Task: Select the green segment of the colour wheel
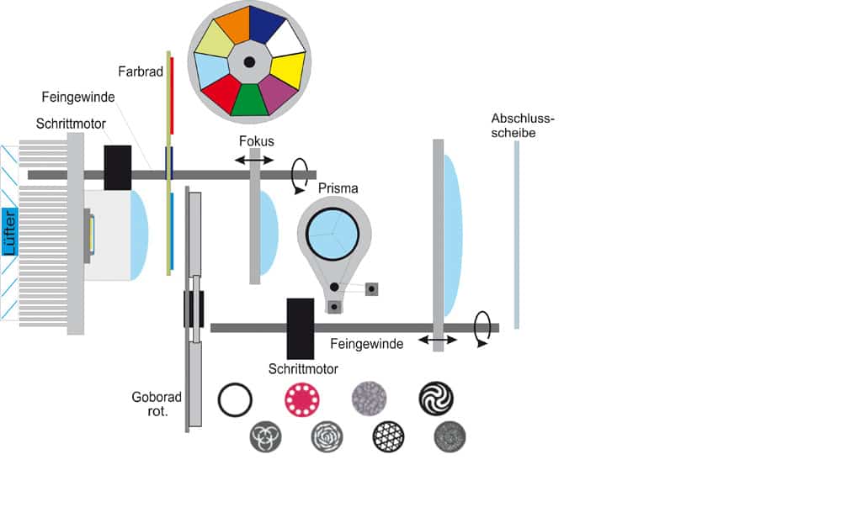point(249,99)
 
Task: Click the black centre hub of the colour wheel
point(249,62)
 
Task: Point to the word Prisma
point(338,188)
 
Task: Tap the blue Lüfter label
point(9,231)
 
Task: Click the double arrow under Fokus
point(254,160)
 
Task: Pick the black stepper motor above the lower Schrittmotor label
point(300,328)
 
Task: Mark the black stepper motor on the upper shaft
point(117,167)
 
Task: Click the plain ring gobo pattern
point(234,399)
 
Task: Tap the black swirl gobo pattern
point(436,399)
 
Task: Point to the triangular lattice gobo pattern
point(389,436)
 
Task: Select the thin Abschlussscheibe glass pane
point(516,235)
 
